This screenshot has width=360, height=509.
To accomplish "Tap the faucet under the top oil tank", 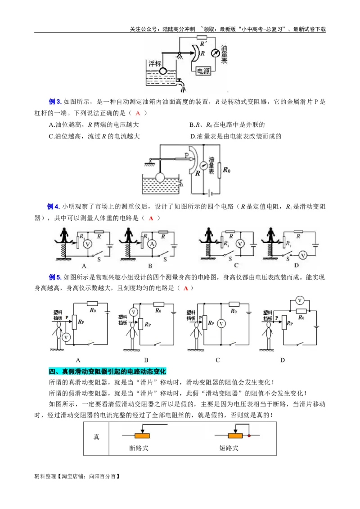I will tap(180, 82).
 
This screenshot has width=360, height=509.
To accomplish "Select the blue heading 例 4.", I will tap(54, 206).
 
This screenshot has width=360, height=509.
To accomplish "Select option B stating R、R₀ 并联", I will tap(227, 125).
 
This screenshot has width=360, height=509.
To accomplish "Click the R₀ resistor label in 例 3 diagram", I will tap(228, 170).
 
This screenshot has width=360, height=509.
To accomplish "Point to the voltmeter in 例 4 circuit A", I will tap(89, 243).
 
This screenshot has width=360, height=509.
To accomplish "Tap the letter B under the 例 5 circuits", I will tap(146, 360).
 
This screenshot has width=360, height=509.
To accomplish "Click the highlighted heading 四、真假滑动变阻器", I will tap(107, 371).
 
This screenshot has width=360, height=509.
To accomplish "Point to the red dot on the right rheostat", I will tap(248, 436).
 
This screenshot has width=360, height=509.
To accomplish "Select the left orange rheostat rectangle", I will tap(142, 436).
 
